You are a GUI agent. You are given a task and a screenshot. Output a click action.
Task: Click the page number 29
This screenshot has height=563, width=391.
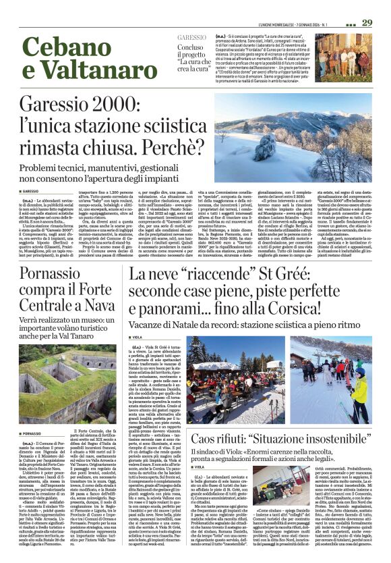367,22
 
